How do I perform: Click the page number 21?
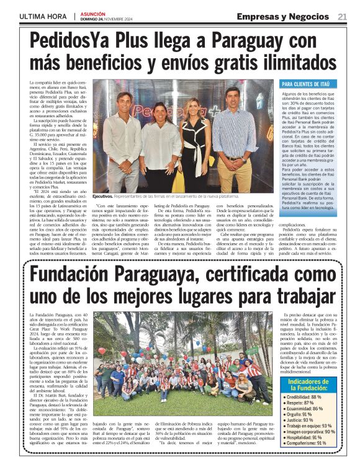(x=342, y=17)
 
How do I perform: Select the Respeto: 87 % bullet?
(x=298, y=403)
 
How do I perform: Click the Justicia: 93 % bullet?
(x=298, y=421)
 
